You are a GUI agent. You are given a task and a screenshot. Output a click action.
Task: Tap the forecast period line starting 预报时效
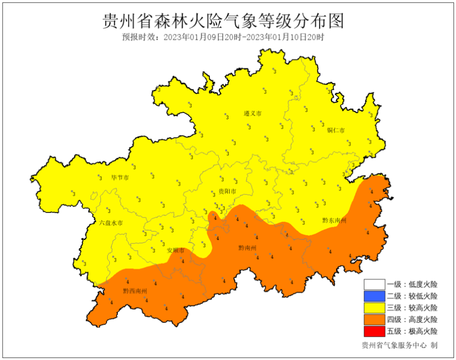(x=223, y=37)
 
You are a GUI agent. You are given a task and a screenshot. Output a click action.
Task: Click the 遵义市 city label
(x=253, y=114)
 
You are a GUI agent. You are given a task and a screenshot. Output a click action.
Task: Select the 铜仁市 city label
(x=336, y=130)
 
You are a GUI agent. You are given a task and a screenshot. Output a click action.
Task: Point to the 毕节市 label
(x=120, y=177)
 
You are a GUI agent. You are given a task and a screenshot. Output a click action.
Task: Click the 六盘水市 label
(x=111, y=223)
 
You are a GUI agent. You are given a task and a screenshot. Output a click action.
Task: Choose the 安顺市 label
(x=176, y=251)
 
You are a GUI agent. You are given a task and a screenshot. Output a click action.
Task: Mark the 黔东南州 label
(x=334, y=221)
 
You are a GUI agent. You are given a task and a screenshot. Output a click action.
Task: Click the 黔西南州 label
(x=135, y=291)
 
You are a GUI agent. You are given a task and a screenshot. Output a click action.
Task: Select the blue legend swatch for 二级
(x=374, y=296)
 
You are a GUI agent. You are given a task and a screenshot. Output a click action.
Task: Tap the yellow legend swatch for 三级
(x=374, y=308)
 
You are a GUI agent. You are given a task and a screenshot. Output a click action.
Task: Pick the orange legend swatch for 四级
(x=374, y=319)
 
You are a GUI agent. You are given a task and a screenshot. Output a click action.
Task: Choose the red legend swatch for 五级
(x=374, y=331)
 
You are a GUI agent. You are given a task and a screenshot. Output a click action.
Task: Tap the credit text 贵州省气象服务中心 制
(x=399, y=345)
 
